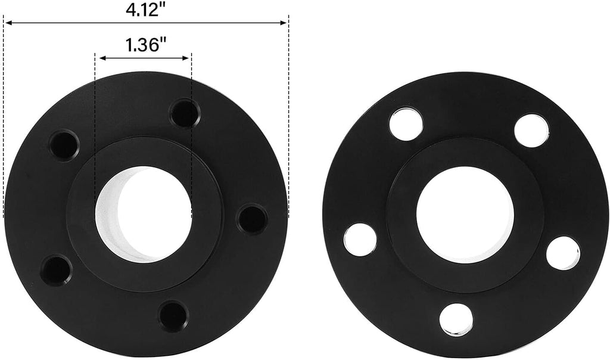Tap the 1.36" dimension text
[145, 45]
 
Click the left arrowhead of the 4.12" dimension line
[8, 23]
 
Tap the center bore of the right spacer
[465, 215]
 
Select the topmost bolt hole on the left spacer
[185, 113]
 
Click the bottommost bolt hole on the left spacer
[173, 315]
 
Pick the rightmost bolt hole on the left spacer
[253, 219]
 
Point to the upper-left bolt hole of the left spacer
[64, 145]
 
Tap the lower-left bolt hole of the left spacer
[56, 270]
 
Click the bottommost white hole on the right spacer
[456, 319]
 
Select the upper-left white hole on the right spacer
[406, 124]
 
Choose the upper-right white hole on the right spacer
[531, 131]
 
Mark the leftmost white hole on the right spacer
[360, 240]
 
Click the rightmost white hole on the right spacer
[563, 253]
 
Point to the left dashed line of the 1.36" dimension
[95, 119]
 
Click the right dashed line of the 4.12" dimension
[288, 119]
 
